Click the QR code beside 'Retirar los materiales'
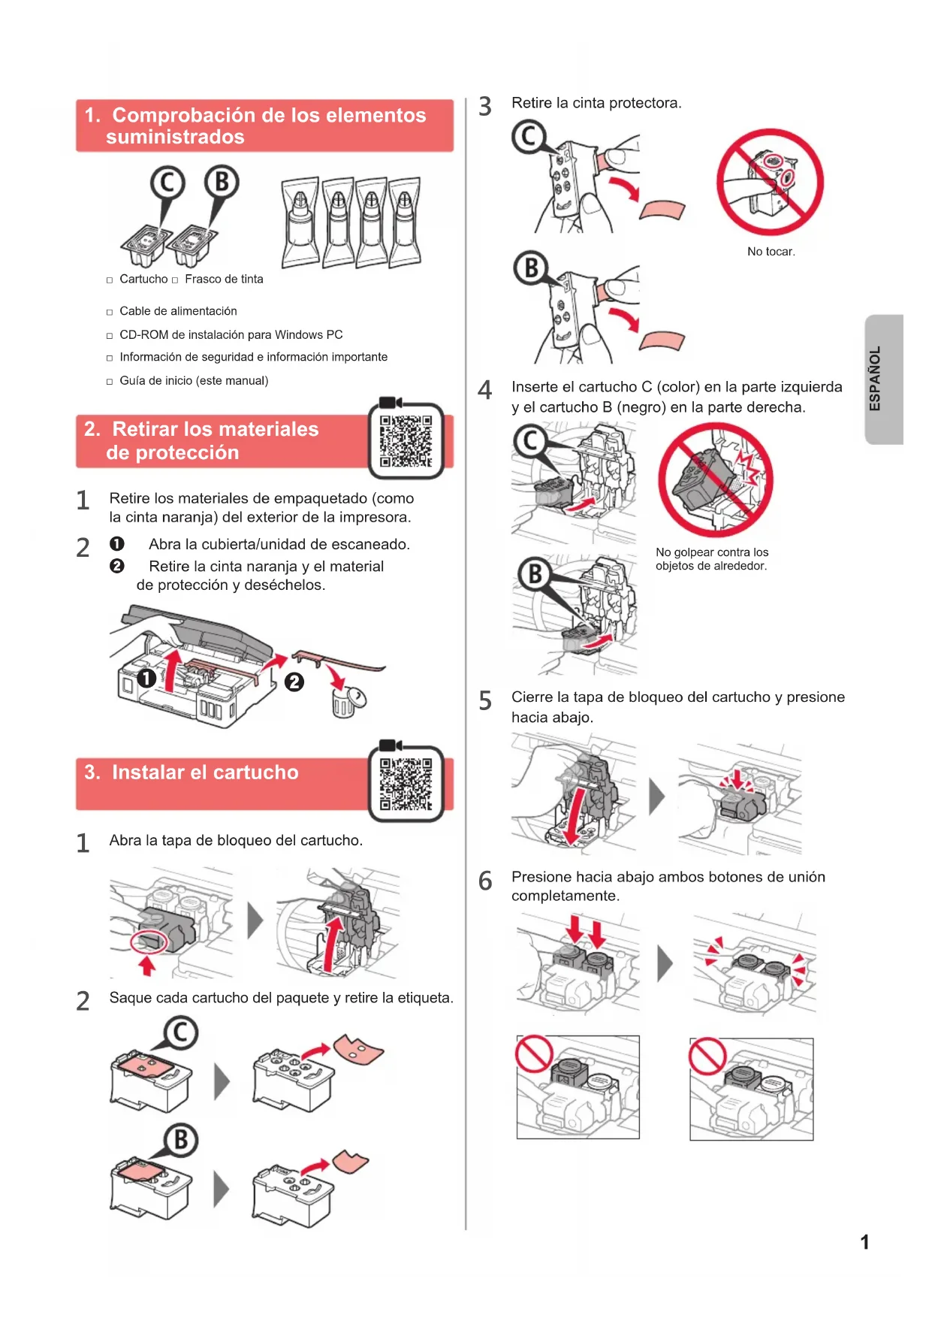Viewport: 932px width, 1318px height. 406,441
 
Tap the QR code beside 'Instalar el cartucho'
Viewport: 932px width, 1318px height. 406,784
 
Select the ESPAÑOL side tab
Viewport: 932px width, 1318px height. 884,379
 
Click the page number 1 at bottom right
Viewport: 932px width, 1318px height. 864,1242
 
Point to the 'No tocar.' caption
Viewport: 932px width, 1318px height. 771,252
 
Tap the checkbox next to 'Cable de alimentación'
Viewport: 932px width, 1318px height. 110,312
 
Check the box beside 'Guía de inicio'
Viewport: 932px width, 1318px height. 110,382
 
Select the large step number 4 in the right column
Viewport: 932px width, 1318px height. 485,390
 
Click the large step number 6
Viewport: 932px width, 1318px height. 485,881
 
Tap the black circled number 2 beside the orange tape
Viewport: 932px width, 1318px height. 294,682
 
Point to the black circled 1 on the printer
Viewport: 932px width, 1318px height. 147,679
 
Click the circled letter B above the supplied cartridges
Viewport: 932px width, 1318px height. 222,182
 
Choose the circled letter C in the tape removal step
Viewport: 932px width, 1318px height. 529,137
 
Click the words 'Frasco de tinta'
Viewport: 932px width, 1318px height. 224,279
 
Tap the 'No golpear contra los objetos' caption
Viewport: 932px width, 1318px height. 712,559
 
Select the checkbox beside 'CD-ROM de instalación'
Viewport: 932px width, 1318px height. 110,336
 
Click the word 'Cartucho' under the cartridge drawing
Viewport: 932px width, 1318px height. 143,279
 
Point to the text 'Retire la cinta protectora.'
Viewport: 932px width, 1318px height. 596,103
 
